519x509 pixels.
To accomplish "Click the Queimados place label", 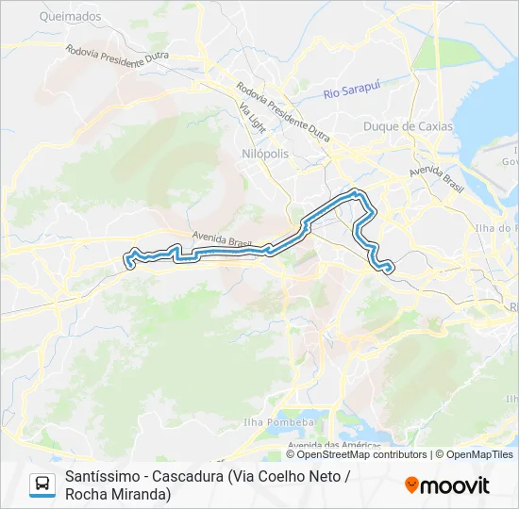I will [71, 16].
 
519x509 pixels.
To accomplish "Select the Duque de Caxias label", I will [408, 126].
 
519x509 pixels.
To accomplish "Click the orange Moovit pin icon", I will [411, 485].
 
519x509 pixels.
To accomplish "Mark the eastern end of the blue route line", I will [390, 271].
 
